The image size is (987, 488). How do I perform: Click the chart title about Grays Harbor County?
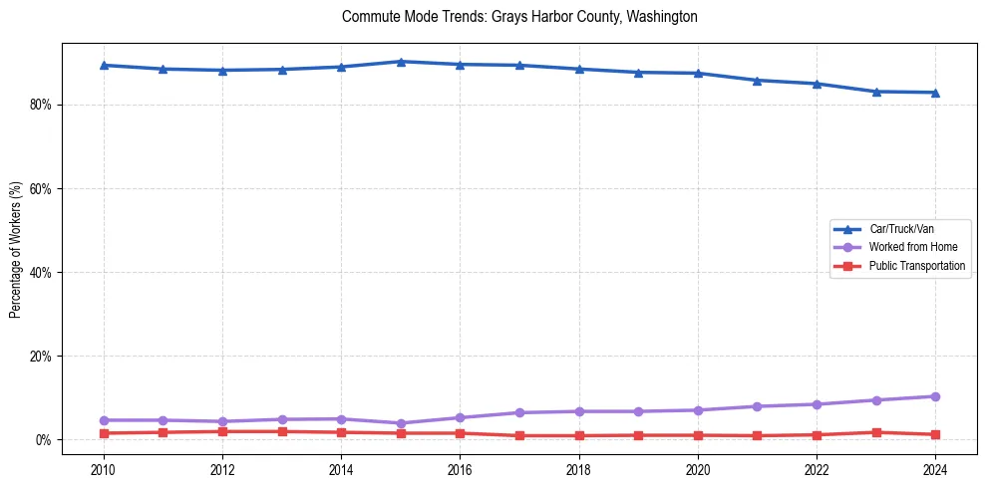coord(519,17)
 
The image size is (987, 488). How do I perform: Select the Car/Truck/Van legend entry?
coord(901,229)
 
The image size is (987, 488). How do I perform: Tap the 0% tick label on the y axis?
coord(43,439)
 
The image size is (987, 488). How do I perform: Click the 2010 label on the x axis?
coord(104,470)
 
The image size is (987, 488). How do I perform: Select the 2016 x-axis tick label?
coord(460,470)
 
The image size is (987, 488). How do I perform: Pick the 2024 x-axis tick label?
coord(935,470)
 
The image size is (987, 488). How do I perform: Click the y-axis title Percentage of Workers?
coord(15,250)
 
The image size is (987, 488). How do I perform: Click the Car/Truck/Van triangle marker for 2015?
coord(401,62)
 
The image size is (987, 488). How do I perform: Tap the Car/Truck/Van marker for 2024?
coord(935,93)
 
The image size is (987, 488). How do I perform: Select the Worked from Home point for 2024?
coord(935,396)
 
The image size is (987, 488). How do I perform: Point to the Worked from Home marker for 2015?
coord(401,423)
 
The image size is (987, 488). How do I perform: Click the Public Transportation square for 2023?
coord(876,432)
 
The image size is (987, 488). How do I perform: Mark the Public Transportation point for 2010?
coord(104,433)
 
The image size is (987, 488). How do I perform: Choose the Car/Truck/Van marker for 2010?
coord(104,65)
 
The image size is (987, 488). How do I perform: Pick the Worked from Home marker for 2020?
coord(698,410)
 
